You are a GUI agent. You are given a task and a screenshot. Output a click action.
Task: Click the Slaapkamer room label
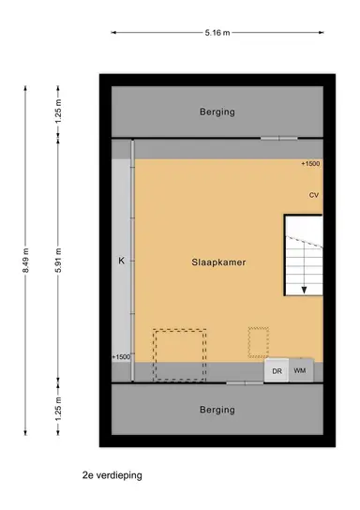[x=217, y=264]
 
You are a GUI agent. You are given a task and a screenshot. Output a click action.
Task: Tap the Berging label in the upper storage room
[x=217, y=112]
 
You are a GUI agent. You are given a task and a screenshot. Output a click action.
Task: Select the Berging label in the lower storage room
[x=217, y=409]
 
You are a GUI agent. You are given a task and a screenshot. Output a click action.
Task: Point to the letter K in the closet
[x=121, y=260]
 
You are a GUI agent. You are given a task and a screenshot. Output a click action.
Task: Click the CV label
[x=314, y=195]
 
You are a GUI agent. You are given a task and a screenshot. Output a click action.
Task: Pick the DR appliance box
[x=277, y=371]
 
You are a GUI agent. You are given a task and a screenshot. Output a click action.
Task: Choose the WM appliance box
[x=300, y=371]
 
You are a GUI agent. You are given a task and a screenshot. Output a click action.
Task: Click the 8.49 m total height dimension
[x=27, y=260]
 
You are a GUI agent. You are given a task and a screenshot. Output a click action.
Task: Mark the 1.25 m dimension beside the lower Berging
[x=57, y=409]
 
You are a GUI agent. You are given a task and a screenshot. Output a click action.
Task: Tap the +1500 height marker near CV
[x=309, y=164]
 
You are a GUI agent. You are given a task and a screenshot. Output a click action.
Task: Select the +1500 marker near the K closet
[x=121, y=356]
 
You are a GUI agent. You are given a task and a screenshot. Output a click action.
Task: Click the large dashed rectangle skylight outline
[x=179, y=354]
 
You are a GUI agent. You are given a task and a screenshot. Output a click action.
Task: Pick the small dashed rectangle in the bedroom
[x=258, y=341]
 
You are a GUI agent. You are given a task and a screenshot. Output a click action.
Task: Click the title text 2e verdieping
[x=112, y=475]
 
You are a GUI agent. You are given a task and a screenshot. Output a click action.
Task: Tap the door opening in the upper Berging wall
[x=278, y=139]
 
